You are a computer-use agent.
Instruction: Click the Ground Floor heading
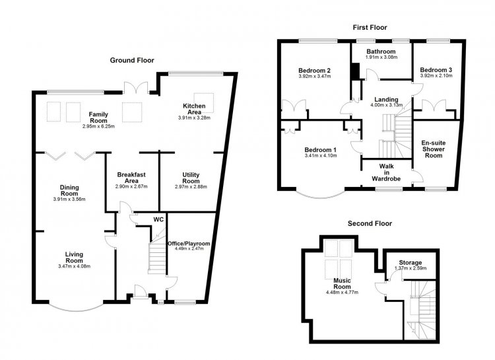132,60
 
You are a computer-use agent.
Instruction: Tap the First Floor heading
370,28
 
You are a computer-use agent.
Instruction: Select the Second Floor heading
370,223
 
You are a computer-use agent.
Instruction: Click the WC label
158,219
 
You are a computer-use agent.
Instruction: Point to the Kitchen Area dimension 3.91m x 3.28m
194,118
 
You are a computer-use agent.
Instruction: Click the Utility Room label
191,178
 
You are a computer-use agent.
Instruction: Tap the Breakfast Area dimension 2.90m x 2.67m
131,186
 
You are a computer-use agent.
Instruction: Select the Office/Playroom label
189,244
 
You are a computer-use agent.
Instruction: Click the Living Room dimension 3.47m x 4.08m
74,266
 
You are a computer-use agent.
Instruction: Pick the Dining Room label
69,191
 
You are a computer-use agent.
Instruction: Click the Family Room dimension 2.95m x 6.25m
98,126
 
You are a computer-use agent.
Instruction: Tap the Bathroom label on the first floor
381,52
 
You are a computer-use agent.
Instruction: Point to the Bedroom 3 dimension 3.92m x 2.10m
436,76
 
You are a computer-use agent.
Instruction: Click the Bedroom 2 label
314,70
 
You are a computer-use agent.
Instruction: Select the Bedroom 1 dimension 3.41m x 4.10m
320,155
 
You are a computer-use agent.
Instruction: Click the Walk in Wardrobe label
386,172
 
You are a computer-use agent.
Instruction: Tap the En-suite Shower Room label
434,149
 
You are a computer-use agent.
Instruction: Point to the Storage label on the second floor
411,263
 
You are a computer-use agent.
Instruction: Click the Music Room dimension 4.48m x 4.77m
342,293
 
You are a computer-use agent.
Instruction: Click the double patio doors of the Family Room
136,88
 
